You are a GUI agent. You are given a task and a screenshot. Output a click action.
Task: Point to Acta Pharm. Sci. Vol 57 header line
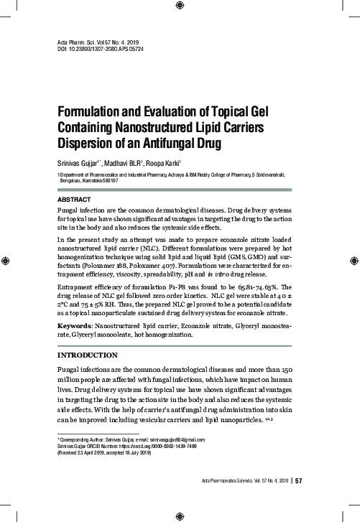[100, 43]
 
